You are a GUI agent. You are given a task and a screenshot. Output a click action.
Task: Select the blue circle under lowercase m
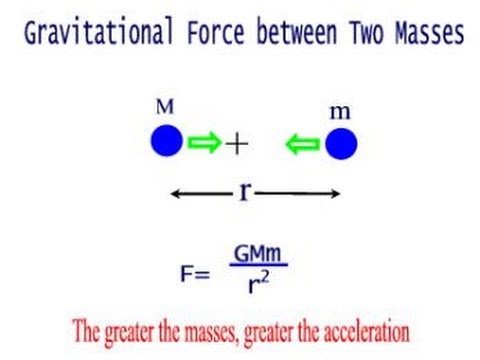point(340,145)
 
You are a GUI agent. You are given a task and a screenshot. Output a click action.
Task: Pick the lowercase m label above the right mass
point(339,112)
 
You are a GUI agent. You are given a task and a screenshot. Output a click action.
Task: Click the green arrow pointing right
point(205,143)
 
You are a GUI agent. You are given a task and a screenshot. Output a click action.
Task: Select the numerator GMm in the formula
point(258,253)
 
